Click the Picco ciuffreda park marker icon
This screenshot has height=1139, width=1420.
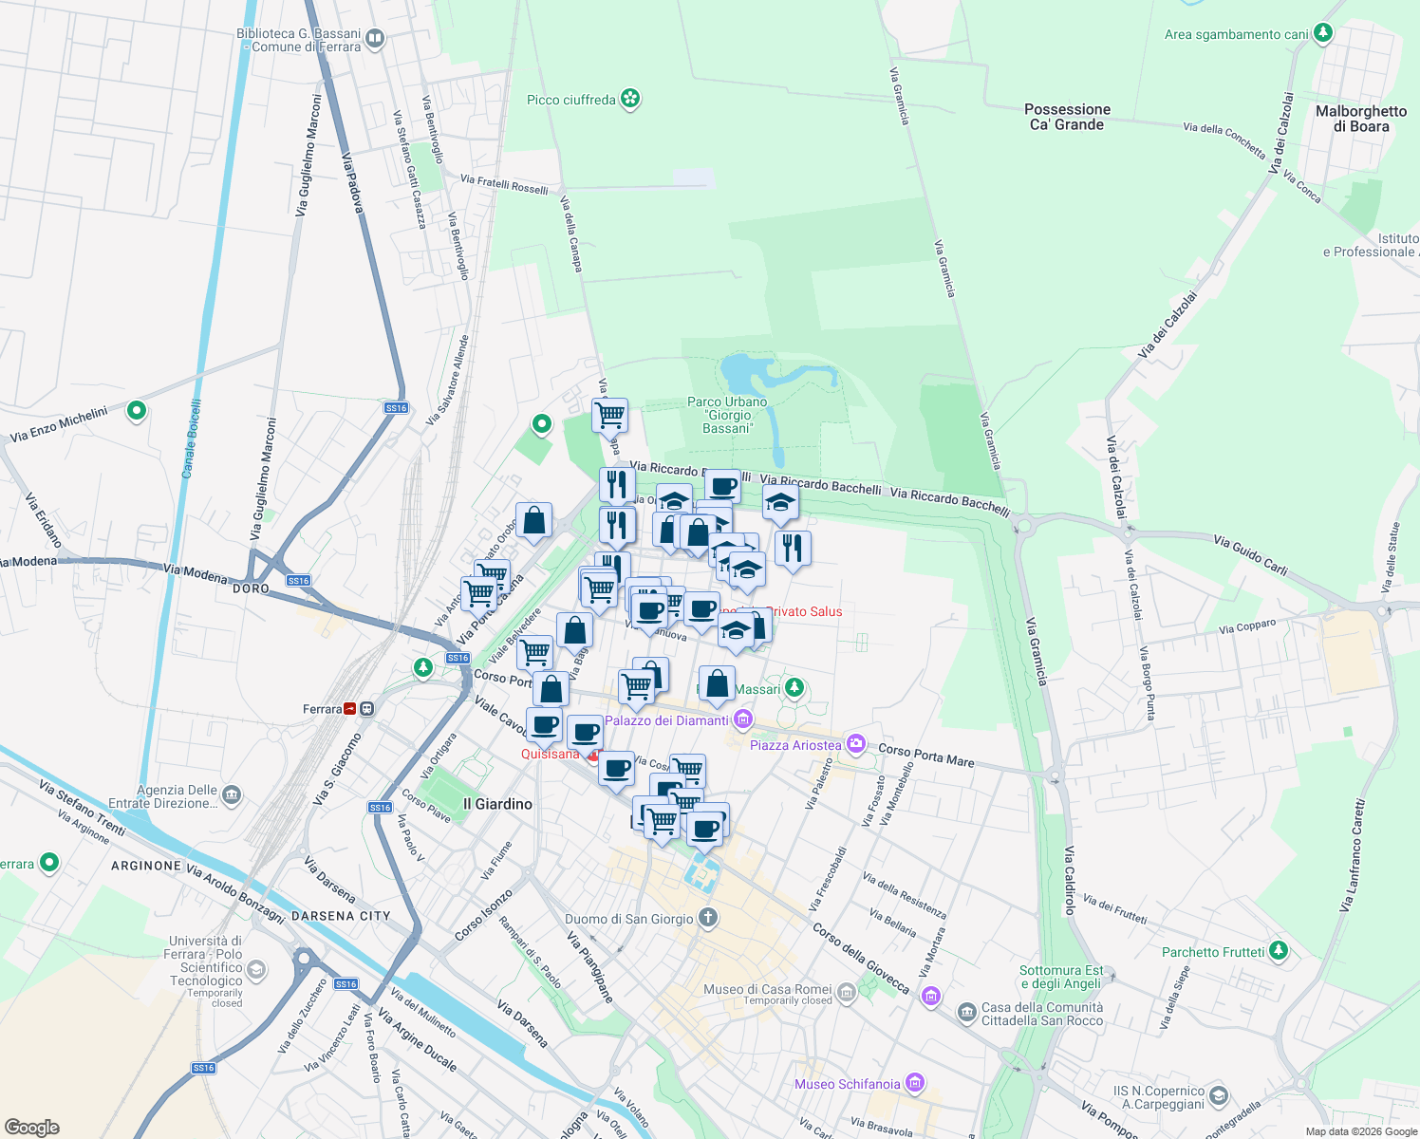(x=630, y=99)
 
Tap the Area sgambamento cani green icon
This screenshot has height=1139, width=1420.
(x=1323, y=33)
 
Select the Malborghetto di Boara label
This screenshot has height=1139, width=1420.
(x=1361, y=119)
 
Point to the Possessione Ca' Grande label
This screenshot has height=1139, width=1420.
(x=1067, y=117)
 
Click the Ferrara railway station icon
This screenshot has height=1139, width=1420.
(x=351, y=709)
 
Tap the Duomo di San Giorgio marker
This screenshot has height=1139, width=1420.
(x=708, y=918)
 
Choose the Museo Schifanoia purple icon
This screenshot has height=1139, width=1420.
(x=915, y=1083)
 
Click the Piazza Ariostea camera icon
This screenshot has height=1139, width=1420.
(x=856, y=744)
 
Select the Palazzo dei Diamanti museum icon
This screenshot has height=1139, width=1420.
(x=743, y=720)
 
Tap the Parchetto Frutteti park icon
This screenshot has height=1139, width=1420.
(x=1279, y=950)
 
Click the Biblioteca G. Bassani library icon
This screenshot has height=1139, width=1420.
(x=375, y=39)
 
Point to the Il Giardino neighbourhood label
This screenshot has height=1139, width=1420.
(x=497, y=804)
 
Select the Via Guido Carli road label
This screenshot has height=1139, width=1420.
(x=1250, y=554)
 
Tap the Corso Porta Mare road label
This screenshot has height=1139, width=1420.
(x=925, y=755)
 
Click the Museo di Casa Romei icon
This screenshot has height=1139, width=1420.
(x=847, y=993)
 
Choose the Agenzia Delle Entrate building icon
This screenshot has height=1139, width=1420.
(x=232, y=795)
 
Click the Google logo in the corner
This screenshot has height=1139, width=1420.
(x=32, y=1128)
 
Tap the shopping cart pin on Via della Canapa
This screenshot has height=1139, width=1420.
(x=609, y=414)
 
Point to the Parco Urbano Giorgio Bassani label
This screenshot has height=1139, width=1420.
(x=728, y=415)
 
